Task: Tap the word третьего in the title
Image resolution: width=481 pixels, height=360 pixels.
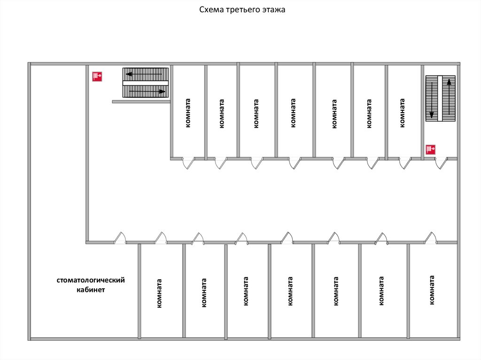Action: [240, 9]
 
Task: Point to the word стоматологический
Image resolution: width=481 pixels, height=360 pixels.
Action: [91, 280]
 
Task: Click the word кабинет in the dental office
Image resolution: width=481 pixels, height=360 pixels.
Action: [91, 290]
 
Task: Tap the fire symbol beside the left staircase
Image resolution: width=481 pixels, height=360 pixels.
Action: [98, 76]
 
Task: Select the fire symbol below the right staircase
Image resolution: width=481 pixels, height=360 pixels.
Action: [431, 150]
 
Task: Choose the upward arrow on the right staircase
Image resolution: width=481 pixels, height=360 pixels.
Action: [450, 98]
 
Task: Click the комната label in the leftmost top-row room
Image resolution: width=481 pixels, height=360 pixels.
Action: [188, 113]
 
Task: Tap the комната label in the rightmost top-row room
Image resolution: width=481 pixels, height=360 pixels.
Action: [402, 113]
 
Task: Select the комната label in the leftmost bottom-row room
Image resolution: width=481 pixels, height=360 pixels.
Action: [160, 293]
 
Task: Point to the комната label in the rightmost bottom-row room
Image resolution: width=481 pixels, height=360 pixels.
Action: [432, 291]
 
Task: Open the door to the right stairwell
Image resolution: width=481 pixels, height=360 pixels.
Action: [441, 163]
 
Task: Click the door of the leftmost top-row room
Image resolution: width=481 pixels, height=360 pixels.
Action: [188, 163]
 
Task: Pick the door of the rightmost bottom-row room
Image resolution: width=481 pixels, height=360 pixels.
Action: [430, 238]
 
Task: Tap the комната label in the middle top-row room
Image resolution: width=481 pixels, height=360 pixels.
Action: [293, 113]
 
